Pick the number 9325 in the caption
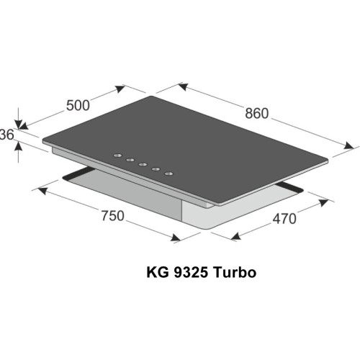pos(185,273)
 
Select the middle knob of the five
pos(143,165)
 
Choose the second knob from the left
pos(130,161)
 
